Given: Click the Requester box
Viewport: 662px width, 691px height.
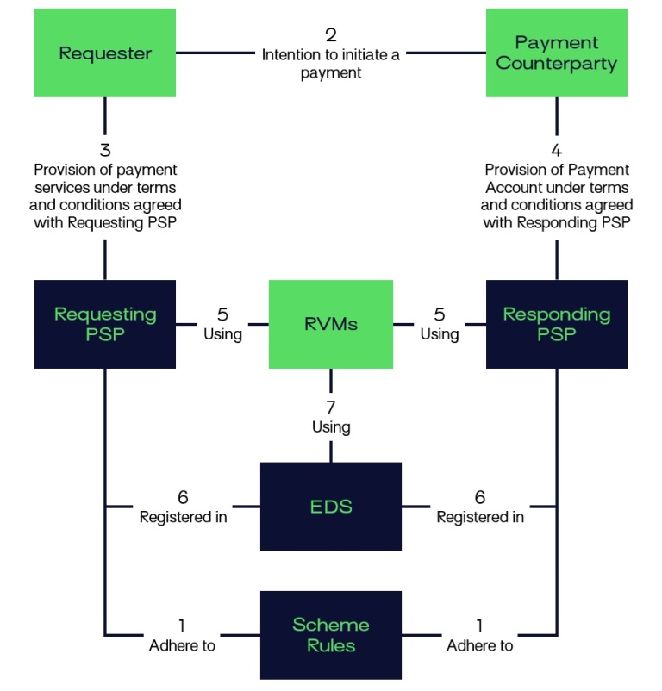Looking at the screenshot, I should pos(105,53).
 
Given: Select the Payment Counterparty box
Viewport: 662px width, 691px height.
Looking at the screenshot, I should pos(556,53).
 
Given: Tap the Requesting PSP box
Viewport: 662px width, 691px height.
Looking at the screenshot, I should pos(105,324).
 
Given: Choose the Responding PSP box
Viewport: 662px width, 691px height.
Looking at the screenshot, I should pos(556,324).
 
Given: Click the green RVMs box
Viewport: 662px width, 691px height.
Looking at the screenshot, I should pos(331,324).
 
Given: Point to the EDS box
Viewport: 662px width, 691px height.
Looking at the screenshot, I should pos(331,507).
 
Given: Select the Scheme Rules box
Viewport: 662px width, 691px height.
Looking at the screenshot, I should pos(331,634).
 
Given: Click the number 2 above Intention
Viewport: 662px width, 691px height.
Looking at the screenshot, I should pos(331,35).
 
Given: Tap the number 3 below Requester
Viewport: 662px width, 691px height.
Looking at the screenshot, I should pos(105,151).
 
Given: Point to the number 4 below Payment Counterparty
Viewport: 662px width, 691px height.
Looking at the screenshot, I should pos(556,151).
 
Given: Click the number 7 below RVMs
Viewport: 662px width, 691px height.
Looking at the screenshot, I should pos(331,407).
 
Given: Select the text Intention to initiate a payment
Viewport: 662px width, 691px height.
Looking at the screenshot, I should pos(331,64).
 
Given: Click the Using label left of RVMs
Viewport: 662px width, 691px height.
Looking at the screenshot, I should pos(222,334).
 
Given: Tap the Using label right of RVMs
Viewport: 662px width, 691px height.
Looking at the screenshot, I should pos(440,334).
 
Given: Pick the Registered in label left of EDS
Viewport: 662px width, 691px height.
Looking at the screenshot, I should pos(184,517).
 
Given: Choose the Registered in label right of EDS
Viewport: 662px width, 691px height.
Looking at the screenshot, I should pos(480,517).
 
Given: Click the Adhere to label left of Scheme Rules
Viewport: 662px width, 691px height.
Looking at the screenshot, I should pos(183,645).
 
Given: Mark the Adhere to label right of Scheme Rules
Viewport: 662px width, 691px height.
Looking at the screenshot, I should pos(480,645).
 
